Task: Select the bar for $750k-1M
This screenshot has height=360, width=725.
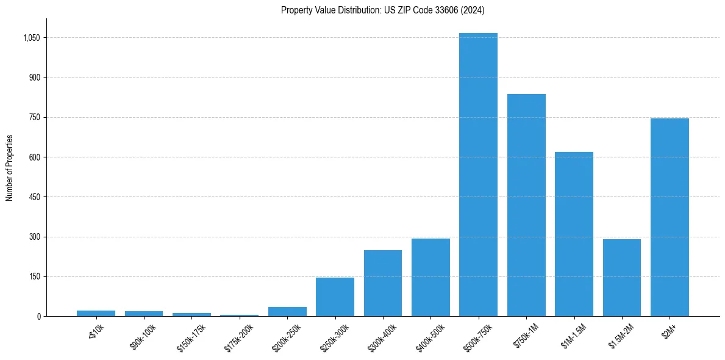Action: click(x=526, y=205)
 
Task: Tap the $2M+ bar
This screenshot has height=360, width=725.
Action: click(x=670, y=217)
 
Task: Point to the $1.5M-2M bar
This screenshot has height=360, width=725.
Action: click(x=621, y=278)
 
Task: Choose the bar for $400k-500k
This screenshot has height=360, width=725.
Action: click(x=430, y=278)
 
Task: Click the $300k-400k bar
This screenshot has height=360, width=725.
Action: click(x=383, y=283)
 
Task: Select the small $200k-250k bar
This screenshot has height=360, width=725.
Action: click(x=287, y=312)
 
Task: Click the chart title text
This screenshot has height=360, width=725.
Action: click(x=383, y=10)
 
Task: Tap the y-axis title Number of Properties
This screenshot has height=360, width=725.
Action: click(x=9, y=168)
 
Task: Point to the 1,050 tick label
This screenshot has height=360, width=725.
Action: click(x=31, y=38)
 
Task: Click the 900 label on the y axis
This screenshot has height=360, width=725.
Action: click(x=34, y=77)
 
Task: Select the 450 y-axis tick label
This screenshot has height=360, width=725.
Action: click(x=34, y=197)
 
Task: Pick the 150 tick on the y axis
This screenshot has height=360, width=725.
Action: click(x=34, y=276)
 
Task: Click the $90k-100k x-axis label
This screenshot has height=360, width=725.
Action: click(x=144, y=336)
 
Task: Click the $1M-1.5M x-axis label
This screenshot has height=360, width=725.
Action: click(x=574, y=336)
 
